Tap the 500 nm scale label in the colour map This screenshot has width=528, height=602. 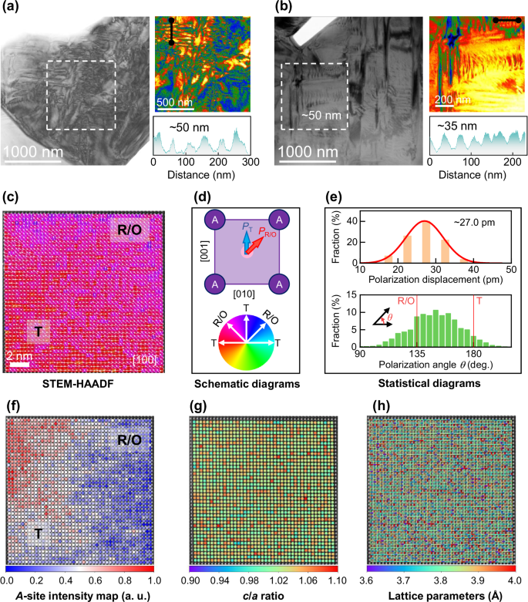(x=175, y=102)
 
